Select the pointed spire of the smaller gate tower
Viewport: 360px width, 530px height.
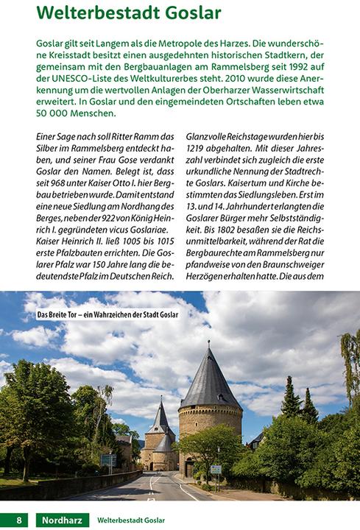pyautogui.click(x=160, y=417)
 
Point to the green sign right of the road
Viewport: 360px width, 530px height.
pyautogui.click(x=216, y=469)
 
